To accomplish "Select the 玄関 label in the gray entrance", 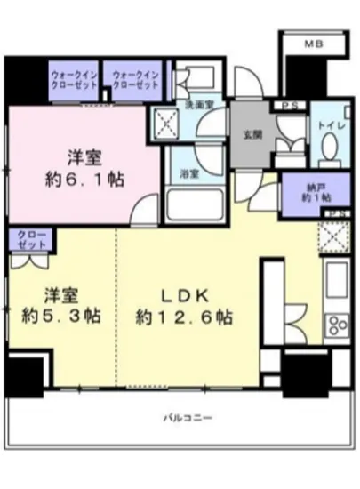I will pyautogui.click(x=252, y=136).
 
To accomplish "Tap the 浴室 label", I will pyautogui.click(x=189, y=174).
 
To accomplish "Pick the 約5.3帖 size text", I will pyautogui.click(x=60, y=316).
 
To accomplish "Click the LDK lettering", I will pyautogui.click(x=185, y=294).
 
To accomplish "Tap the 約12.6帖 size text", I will pyautogui.click(x=185, y=317).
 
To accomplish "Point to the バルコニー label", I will pyautogui.click(x=185, y=416).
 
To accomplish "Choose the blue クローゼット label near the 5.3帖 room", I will pyautogui.click(x=29, y=238).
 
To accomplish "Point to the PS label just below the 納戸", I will pyautogui.click(x=335, y=215).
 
